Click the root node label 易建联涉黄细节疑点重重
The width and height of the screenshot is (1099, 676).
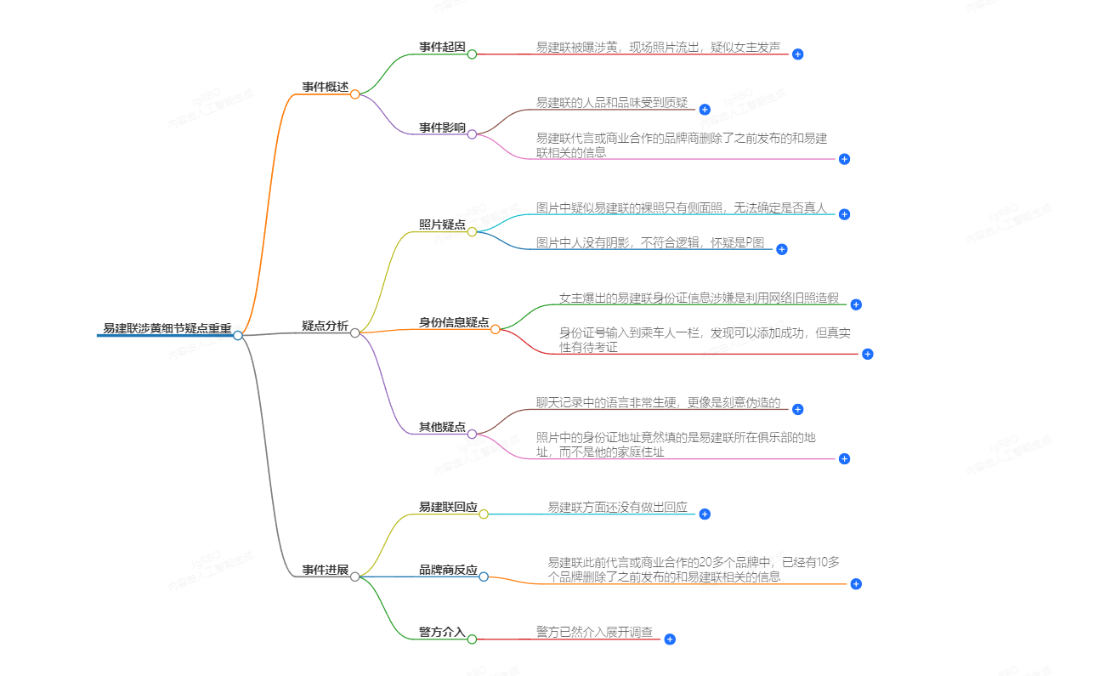point(167,328)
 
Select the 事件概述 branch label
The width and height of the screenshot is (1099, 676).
point(325,87)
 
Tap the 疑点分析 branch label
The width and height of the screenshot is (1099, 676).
point(325,326)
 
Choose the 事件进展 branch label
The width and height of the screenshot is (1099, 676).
point(325,570)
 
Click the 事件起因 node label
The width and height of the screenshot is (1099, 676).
point(442,48)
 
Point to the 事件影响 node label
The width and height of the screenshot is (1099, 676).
point(442,128)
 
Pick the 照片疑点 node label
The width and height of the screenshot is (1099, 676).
point(442,225)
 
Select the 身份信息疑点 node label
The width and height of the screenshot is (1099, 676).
point(454,322)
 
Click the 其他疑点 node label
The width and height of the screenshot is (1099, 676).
point(442,427)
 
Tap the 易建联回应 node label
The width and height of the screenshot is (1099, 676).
point(448,507)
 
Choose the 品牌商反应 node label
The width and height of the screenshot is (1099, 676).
point(448,570)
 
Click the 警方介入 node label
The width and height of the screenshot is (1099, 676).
point(442,633)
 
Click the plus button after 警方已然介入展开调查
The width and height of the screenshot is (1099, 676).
point(670,639)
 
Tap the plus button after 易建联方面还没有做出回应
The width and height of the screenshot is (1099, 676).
point(704,514)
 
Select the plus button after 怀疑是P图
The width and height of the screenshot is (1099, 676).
point(782,249)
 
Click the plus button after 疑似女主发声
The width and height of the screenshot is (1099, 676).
point(797,54)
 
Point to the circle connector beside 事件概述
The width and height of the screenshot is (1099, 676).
point(355,94)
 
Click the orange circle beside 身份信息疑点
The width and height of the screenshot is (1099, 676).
point(496,329)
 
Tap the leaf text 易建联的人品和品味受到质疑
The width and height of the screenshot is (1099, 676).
point(611,103)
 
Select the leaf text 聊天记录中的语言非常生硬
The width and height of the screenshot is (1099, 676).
point(658,403)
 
